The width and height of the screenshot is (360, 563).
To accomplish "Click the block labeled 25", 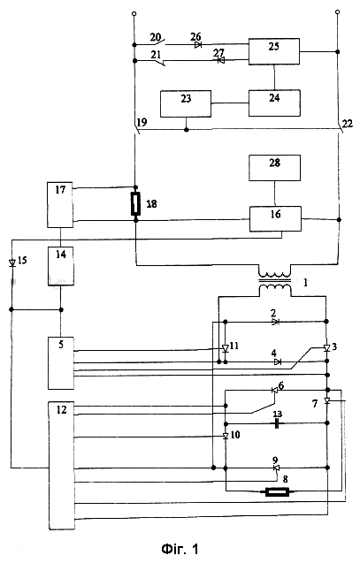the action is point(274,51).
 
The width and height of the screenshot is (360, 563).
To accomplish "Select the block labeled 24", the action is point(274,103).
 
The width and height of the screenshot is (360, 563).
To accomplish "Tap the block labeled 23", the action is point(186,103).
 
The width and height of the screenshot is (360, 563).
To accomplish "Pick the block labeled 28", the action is point(274,168).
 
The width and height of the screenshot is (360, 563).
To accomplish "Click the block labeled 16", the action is point(276,218).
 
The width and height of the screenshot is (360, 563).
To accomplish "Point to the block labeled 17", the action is point(60,205).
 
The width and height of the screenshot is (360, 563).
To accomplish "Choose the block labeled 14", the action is point(61,266).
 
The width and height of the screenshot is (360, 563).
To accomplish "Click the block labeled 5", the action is point(61,363).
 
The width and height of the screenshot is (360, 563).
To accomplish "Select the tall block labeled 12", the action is point(62,466).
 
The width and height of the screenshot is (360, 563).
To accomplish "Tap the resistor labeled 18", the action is point(136,203).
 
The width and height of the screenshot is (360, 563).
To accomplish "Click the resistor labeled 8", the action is point(277,491).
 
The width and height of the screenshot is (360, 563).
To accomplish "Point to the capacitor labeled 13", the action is point(277,423).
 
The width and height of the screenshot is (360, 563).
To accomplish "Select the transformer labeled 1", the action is point(275,281).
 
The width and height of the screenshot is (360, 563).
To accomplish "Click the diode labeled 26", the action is point(198,45).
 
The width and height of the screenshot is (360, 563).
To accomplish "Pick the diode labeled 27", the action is point(221,60).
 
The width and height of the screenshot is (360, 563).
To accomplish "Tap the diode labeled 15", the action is point(12,262).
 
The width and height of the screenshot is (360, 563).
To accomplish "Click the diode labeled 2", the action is point(275,322).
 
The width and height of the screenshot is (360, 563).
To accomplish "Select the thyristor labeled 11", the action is point(226,348).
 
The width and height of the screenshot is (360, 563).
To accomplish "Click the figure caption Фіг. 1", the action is point(180,549).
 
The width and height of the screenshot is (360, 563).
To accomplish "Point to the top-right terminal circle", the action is point(337,12).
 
